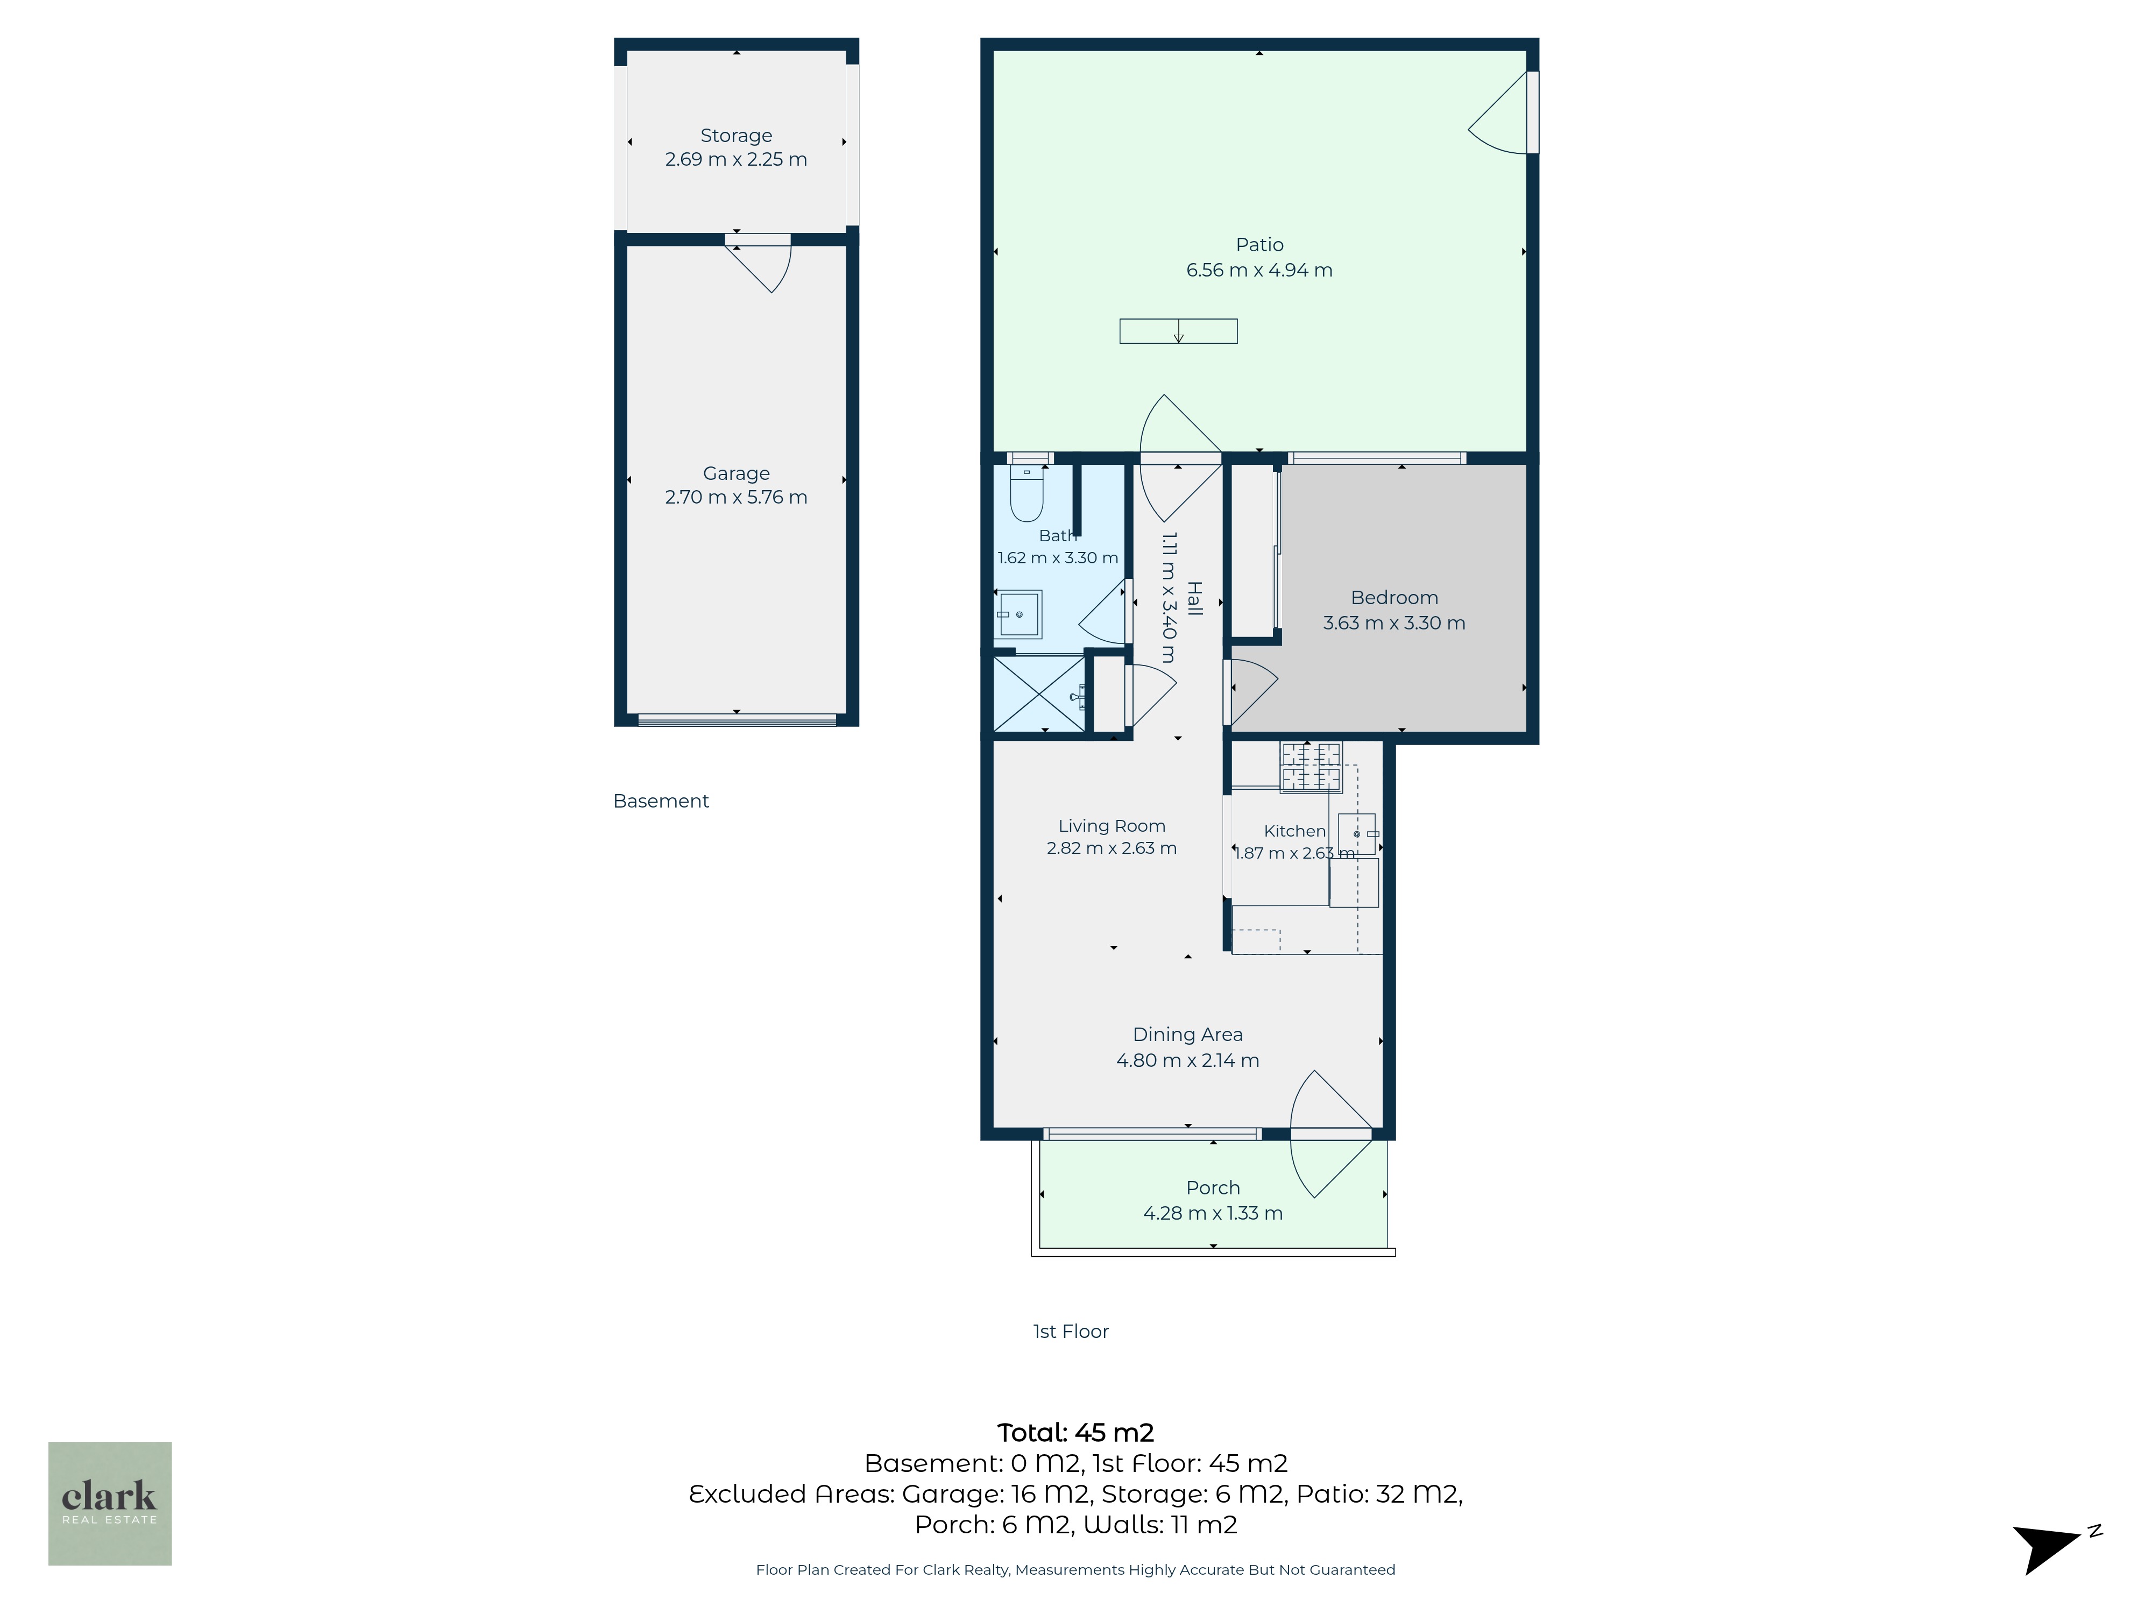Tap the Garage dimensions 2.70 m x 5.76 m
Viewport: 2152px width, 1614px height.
pos(737,497)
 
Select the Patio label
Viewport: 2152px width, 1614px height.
pos(1260,245)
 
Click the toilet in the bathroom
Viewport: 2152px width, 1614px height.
pos(1027,493)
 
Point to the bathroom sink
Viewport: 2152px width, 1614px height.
pos(1018,614)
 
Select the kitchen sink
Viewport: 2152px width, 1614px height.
pos(1358,834)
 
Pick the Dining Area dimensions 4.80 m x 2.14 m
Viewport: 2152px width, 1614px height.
pos(1188,1060)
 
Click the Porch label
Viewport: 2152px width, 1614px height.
pos(1213,1188)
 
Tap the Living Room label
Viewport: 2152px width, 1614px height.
pos(1112,826)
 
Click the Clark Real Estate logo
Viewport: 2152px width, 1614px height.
pos(110,1503)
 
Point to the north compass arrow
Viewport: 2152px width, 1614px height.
pos(2051,1547)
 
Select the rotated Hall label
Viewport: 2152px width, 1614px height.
pos(1195,598)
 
